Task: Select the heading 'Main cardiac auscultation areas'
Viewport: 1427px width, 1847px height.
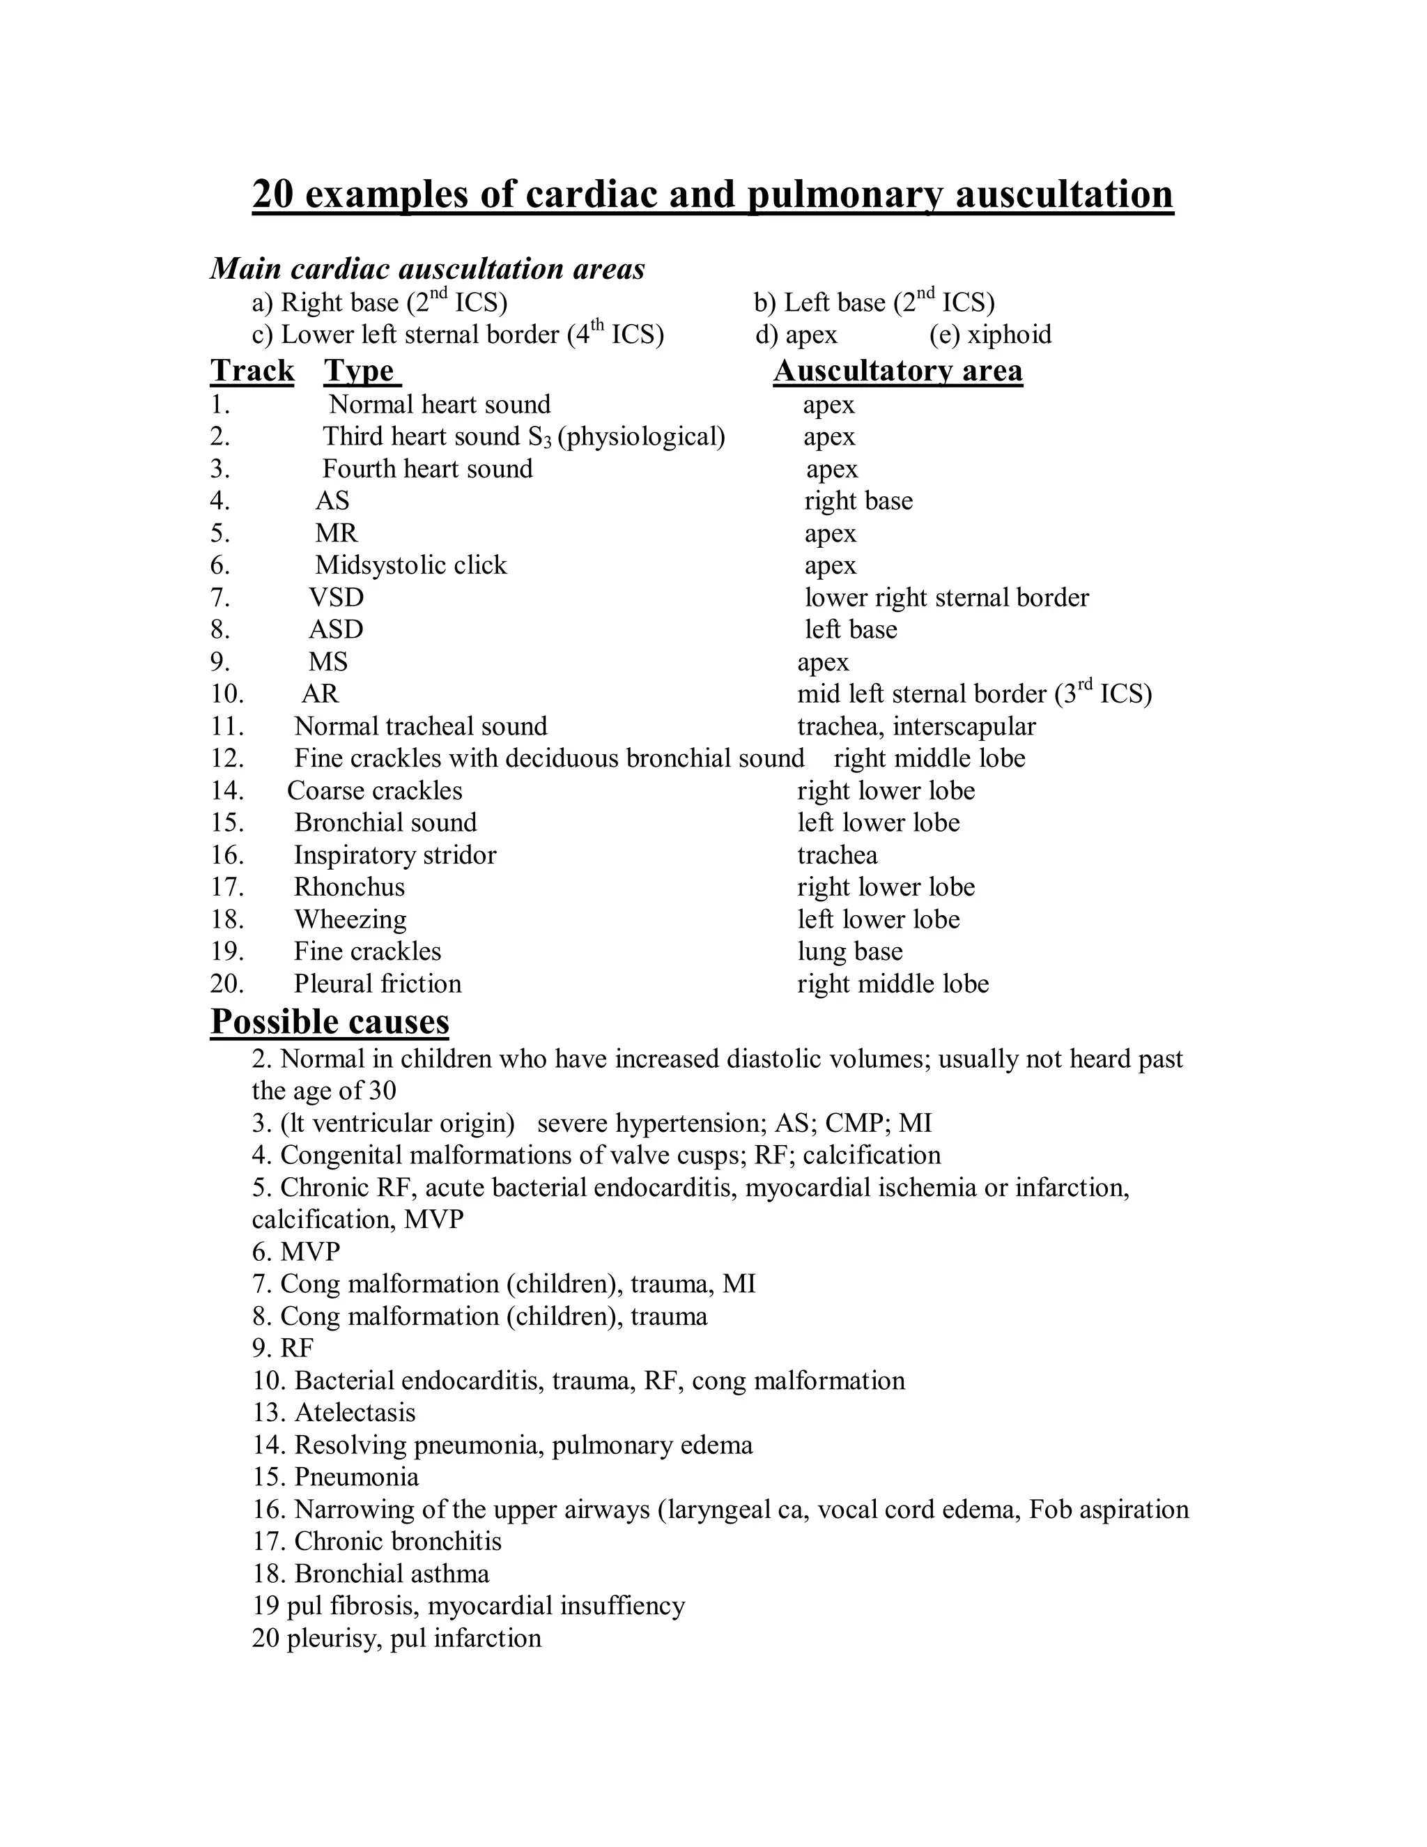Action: click(x=427, y=269)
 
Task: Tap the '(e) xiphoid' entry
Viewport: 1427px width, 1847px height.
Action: click(x=990, y=335)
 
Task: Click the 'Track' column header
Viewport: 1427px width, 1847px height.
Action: click(x=252, y=371)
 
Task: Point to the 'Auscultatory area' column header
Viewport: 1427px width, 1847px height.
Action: click(x=897, y=371)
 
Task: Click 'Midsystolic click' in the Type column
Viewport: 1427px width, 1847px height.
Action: click(x=411, y=565)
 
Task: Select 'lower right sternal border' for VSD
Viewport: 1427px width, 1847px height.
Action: click(x=946, y=598)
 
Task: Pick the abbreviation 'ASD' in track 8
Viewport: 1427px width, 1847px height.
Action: click(x=336, y=630)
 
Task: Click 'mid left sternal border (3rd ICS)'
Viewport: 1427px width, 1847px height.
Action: click(x=974, y=694)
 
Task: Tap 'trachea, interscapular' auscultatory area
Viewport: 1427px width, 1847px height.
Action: click(x=916, y=726)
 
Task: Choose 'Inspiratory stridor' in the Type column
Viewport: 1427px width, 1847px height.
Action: click(x=395, y=855)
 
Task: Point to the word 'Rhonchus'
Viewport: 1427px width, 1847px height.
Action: click(x=349, y=887)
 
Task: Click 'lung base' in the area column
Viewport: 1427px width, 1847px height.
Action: click(x=849, y=951)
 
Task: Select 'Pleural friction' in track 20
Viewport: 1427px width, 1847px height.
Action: click(x=377, y=983)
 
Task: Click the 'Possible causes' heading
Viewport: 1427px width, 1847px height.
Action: click(x=330, y=1022)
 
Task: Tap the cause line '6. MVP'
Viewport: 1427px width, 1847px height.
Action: click(x=296, y=1252)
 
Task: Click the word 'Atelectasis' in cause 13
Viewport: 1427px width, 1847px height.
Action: click(x=355, y=1412)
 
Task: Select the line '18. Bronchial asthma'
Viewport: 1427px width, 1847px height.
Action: click(x=370, y=1574)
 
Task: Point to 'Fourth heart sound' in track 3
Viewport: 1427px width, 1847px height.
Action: click(x=427, y=468)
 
